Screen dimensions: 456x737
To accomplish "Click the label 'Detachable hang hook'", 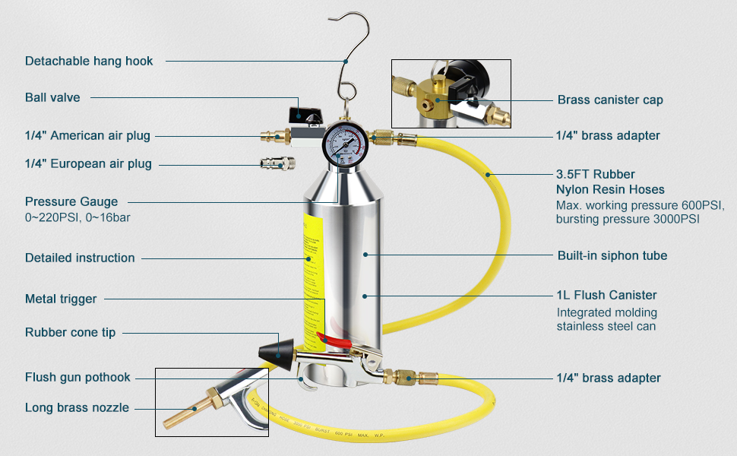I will click(x=89, y=61).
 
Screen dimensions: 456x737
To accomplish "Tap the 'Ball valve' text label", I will click(x=52, y=97).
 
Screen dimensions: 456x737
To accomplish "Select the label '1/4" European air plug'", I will click(x=88, y=163).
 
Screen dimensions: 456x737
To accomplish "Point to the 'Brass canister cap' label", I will click(x=610, y=100).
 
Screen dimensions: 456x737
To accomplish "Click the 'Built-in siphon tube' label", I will click(x=612, y=255).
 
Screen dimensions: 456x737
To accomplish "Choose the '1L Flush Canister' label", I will click(x=606, y=295).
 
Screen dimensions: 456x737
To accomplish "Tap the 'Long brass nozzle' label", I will click(x=77, y=408).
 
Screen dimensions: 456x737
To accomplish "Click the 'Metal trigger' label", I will click(x=61, y=299).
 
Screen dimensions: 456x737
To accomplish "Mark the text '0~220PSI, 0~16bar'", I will click(x=81, y=218).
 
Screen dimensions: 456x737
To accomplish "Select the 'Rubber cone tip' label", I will click(x=70, y=332).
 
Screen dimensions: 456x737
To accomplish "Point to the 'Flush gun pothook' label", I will click(x=77, y=377).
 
